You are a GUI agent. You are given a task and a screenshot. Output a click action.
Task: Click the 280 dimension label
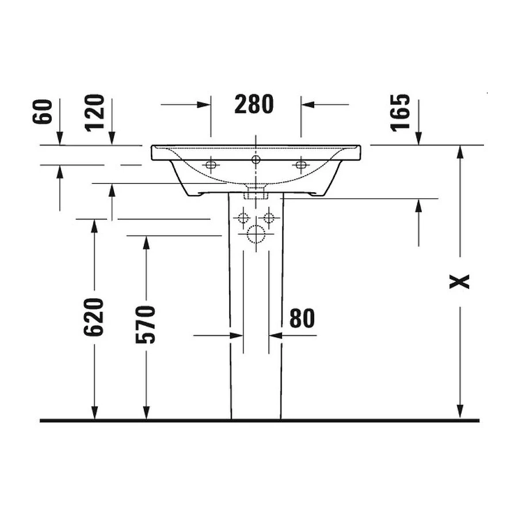[x=254, y=104]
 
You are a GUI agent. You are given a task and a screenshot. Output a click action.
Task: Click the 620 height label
[x=94, y=317]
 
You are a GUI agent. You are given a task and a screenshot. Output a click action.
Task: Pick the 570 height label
[x=146, y=324]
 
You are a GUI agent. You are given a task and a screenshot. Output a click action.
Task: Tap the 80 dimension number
[x=302, y=318]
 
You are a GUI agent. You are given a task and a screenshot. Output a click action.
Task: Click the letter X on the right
[x=460, y=281]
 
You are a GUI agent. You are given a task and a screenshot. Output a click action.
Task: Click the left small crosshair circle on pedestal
[x=243, y=218]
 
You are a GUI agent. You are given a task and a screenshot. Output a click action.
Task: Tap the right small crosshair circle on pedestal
[x=268, y=218]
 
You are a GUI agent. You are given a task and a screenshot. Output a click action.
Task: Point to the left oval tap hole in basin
[x=211, y=165]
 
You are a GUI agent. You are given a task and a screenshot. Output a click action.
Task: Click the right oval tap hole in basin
[x=300, y=165]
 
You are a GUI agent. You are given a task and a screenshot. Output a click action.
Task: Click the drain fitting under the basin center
[x=256, y=191]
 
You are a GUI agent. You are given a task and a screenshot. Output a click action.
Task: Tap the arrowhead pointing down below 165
[x=418, y=138]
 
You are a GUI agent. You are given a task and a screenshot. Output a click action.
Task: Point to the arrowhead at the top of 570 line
[x=146, y=243]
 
